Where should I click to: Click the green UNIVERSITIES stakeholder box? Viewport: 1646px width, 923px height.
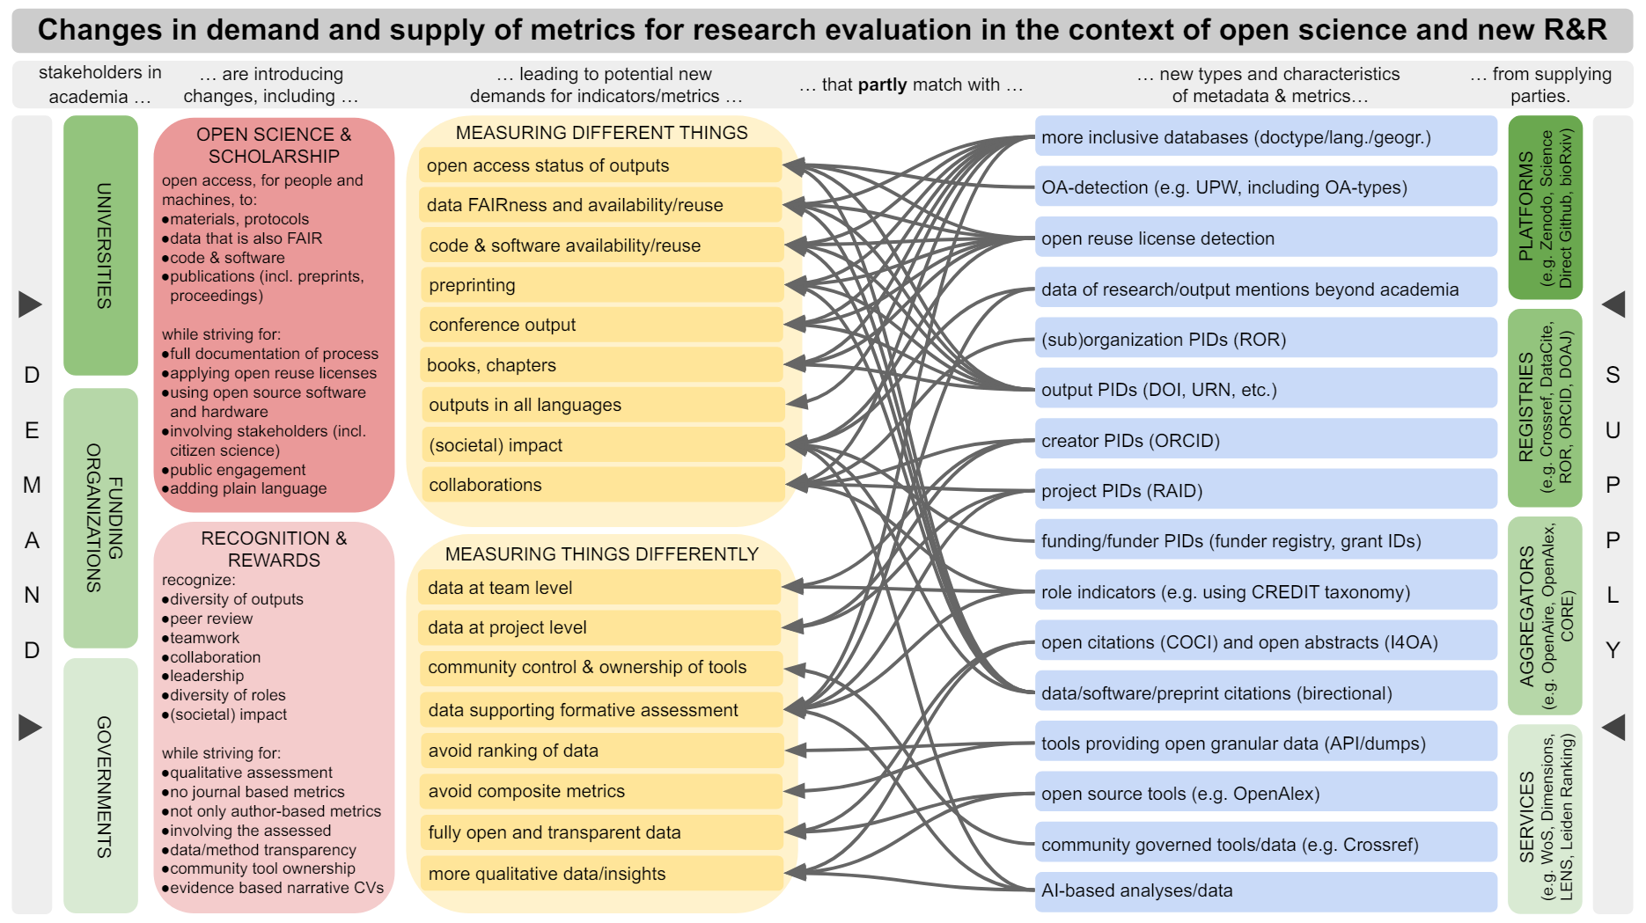click(x=100, y=245)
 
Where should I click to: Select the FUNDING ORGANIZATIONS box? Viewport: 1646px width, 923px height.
click(x=100, y=517)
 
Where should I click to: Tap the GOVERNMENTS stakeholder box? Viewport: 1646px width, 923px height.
click(x=100, y=786)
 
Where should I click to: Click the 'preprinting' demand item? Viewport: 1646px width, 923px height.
click(x=601, y=285)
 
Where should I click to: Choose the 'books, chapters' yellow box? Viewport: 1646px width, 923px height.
click(x=601, y=365)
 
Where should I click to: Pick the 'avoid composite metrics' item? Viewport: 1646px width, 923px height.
click(x=601, y=791)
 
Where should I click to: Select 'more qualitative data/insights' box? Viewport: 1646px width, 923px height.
click(x=601, y=874)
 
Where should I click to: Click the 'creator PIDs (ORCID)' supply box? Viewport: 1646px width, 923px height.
click(x=1265, y=440)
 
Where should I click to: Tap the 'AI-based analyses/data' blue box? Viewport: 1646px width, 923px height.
click(x=1265, y=890)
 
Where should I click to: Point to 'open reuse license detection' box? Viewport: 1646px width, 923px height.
click(x=1265, y=238)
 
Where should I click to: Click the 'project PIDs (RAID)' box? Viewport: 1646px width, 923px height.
click(x=1265, y=491)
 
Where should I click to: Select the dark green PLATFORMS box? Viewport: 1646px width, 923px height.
click(x=1545, y=208)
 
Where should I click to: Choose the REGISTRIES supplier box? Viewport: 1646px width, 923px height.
click(x=1545, y=408)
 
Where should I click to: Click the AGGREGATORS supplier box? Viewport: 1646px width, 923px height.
click(x=1545, y=616)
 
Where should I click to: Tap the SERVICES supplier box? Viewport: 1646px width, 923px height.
click(x=1545, y=818)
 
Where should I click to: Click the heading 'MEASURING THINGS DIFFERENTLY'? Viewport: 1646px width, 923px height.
click(x=601, y=554)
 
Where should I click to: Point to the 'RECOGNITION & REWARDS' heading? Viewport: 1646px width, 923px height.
click(x=274, y=549)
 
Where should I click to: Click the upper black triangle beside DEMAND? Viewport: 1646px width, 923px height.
click(x=31, y=304)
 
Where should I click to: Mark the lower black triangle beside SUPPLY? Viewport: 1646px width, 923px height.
click(x=1613, y=728)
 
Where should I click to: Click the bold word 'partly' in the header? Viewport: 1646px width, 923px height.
click(x=882, y=85)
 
